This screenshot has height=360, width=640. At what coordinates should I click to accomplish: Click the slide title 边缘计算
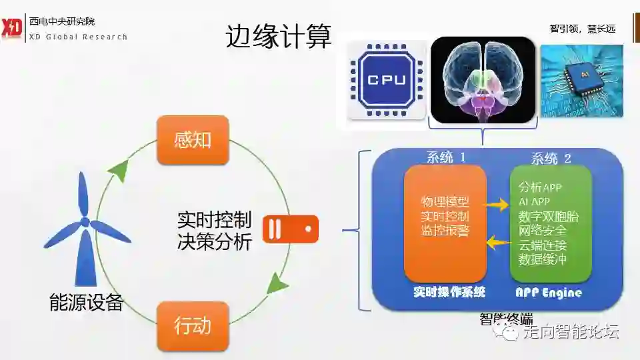(x=278, y=37)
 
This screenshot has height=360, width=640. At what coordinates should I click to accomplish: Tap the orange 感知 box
(x=193, y=140)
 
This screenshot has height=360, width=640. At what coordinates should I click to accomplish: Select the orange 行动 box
(x=193, y=326)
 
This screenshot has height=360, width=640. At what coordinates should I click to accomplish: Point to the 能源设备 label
(x=87, y=302)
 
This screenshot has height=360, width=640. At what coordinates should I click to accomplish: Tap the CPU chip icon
(x=387, y=81)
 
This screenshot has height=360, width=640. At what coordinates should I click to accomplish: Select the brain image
(x=483, y=80)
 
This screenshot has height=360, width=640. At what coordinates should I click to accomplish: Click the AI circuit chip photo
(x=581, y=81)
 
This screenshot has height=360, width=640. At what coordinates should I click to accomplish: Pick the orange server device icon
(x=291, y=229)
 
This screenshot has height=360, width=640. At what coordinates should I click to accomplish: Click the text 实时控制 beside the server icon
(x=214, y=219)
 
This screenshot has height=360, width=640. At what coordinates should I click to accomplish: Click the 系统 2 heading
(x=551, y=158)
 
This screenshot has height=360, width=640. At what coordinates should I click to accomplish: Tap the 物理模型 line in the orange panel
(x=445, y=201)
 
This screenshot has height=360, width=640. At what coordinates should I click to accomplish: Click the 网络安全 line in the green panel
(x=543, y=231)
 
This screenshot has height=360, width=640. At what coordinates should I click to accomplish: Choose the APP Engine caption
(x=549, y=292)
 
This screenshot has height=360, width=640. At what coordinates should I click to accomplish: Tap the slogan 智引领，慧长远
(x=582, y=29)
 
